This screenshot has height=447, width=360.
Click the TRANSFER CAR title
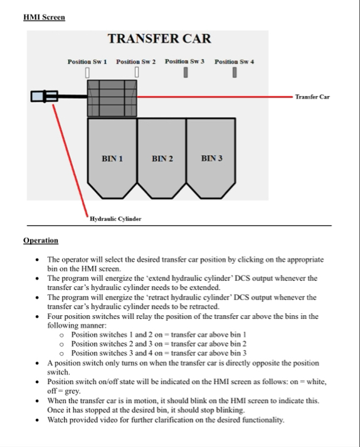159,39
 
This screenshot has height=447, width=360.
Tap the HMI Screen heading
44,17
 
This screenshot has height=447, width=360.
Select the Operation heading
41,240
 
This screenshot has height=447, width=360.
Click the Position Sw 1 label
87,62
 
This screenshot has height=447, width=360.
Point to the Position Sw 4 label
234,62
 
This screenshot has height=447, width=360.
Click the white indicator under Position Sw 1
87,72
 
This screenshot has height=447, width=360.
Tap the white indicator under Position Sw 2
137,72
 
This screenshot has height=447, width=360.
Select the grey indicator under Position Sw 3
186,72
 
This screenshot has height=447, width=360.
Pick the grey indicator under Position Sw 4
235,72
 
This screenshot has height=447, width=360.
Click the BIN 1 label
112,158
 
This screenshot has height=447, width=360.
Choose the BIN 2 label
162,158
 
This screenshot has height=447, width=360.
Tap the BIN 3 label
211,158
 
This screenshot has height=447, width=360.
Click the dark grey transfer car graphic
112,98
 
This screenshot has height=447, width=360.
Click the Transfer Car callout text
312,97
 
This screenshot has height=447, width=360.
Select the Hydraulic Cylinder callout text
115,219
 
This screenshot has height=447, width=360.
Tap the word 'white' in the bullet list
315,382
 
